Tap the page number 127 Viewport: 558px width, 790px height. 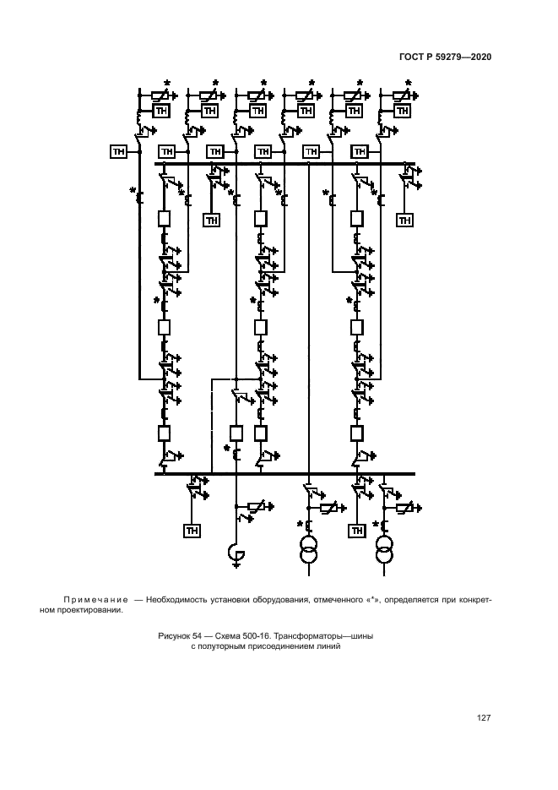pos(484,718)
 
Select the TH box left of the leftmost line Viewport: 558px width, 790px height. pos(118,151)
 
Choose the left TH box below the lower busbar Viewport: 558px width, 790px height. pos(192,531)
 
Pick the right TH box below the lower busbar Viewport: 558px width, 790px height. pos(357,531)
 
